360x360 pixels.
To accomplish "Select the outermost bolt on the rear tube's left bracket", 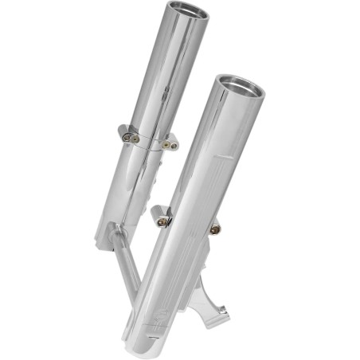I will pyautogui.click(x=127, y=137).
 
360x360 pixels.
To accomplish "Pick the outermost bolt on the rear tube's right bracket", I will pyautogui.click(x=173, y=146).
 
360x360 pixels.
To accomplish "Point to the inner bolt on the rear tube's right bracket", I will pyautogui.click(x=165, y=144).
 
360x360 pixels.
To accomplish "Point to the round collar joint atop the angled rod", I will pyautogui.click(x=117, y=230).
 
